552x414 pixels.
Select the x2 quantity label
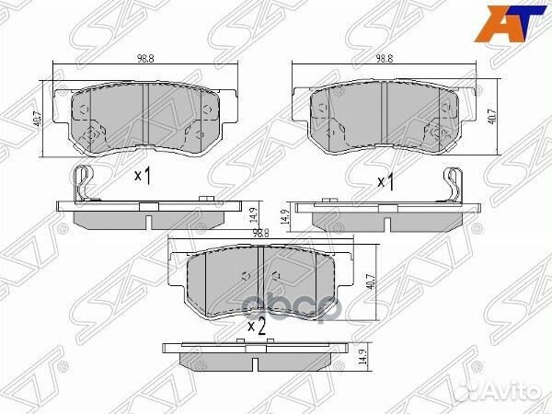click(x=257, y=324)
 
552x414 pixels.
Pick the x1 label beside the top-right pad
click(x=386, y=181)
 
